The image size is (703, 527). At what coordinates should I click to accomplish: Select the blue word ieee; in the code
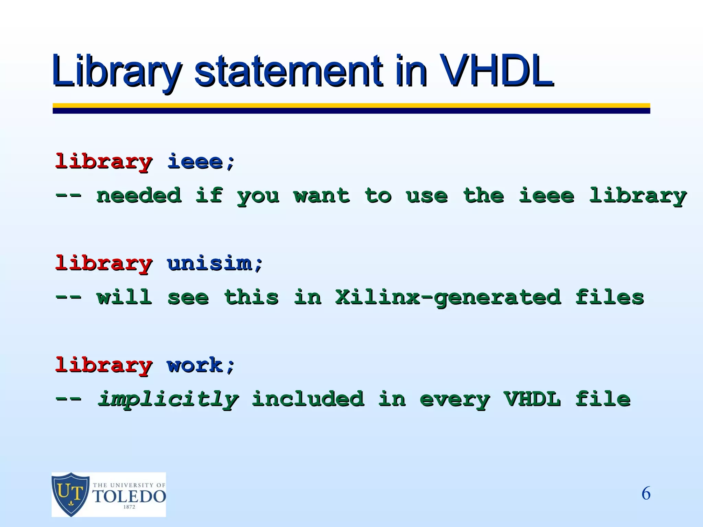pos(201,162)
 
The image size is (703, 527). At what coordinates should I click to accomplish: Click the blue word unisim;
pos(215,263)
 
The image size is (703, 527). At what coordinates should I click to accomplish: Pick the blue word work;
pos(201,365)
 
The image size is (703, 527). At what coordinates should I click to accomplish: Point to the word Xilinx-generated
pos(448,297)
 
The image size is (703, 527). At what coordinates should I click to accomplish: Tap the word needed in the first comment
pos(139,196)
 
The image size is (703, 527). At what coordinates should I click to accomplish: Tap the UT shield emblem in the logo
pos(71,494)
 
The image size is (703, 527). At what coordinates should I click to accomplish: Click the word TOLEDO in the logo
pos(129,496)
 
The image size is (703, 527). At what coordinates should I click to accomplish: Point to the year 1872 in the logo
pos(129,507)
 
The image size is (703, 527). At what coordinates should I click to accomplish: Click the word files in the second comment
pos(609,297)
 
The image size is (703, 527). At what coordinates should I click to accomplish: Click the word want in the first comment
pos(321,196)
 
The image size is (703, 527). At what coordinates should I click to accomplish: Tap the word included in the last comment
pos(308,399)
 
